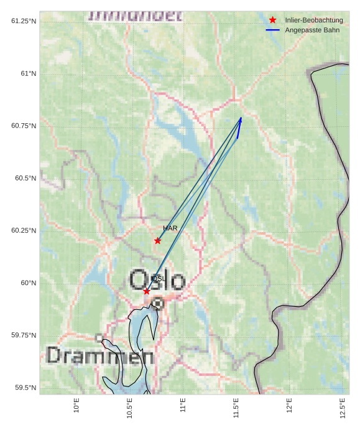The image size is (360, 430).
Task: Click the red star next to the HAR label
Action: (158, 241)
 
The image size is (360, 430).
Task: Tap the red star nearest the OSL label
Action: (147, 291)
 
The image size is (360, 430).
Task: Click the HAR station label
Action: (170, 228)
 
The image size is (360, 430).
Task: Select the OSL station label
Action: (158, 279)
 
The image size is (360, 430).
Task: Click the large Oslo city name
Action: (157, 281)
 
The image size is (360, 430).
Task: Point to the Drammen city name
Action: (100, 356)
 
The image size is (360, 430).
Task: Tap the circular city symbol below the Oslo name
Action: (158, 304)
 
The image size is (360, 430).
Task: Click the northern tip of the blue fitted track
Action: (241, 118)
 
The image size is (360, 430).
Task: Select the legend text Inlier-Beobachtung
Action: (314, 20)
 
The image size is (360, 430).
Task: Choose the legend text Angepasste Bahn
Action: (312, 30)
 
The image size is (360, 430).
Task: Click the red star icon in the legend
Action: (272, 20)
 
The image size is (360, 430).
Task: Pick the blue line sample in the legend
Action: (272, 30)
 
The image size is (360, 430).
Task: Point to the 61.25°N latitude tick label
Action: (24, 21)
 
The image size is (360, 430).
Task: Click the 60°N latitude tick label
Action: (29, 283)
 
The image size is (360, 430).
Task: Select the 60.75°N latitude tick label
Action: (24, 126)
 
